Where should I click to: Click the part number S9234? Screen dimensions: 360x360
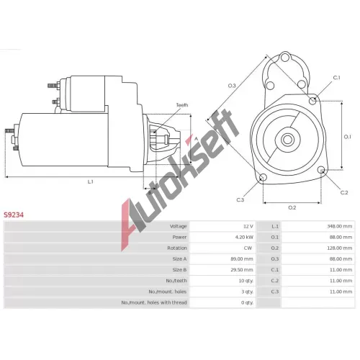14,215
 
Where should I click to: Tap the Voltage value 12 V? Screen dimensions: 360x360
248,226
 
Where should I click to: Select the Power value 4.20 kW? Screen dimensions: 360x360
244,237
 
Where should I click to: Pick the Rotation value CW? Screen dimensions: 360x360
248,248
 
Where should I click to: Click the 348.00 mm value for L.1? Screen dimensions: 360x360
340,226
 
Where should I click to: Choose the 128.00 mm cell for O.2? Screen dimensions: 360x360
340,248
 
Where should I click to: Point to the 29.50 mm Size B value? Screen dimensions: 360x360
242,270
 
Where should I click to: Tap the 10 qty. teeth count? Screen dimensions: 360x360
246,281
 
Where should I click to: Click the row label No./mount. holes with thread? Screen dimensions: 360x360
154,302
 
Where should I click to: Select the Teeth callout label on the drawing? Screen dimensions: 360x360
182,105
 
